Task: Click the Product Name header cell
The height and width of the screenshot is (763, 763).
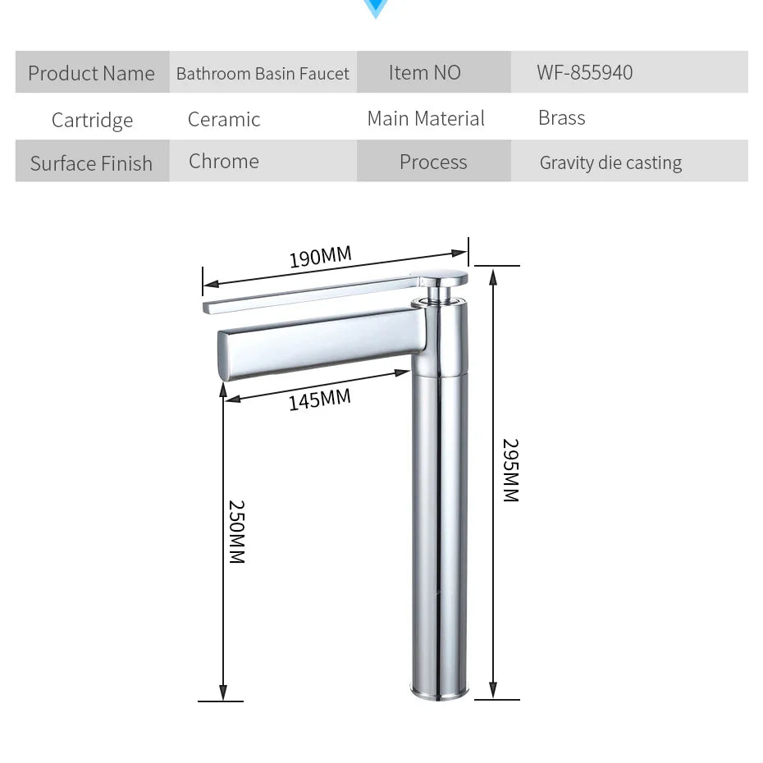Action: click(91, 73)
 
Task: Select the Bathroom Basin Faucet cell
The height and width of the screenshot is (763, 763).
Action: click(263, 74)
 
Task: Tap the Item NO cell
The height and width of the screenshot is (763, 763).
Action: click(425, 72)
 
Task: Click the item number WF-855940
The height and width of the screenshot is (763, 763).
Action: click(585, 72)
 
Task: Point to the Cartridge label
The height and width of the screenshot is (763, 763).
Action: click(92, 120)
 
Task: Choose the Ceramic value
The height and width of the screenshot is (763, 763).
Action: click(224, 119)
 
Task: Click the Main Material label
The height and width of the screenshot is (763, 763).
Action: click(426, 118)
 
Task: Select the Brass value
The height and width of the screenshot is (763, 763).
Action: click(562, 117)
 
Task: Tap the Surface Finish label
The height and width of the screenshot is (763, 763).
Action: click(91, 163)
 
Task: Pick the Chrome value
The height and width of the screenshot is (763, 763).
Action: click(224, 161)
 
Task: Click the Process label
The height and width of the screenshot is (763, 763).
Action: click(433, 162)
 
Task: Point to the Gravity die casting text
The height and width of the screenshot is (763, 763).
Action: click(610, 162)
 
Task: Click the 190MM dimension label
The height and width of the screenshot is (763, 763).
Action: click(320, 257)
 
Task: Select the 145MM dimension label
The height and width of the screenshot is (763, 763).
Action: click(319, 400)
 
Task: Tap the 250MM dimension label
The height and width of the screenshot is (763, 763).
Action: click(236, 532)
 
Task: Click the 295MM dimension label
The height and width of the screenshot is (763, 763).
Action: click(510, 470)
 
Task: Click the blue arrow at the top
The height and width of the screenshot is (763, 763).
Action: click(376, 9)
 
